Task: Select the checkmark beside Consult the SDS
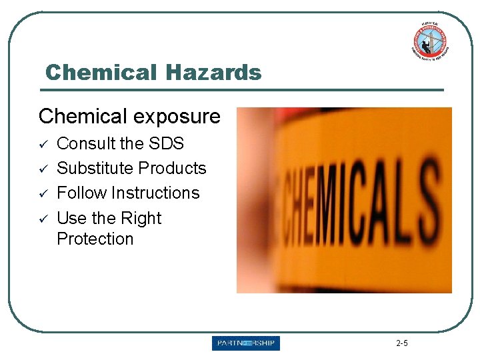pos(43,143)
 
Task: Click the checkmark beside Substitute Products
pos(43,168)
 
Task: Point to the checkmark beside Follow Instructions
pos(43,193)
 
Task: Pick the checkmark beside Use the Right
pos(43,218)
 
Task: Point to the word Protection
pos(95,239)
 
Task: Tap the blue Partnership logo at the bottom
pos(246,343)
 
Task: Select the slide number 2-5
pos(402,343)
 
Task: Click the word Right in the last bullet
pos(141,219)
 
